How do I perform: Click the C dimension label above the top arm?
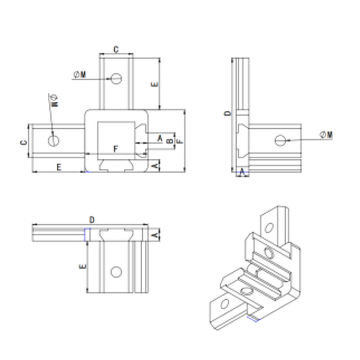(x=116, y=49)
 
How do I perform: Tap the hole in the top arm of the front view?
(x=117, y=78)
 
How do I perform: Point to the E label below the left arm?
(x=58, y=167)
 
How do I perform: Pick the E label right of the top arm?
(x=154, y=85)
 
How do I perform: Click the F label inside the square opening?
(x=116, y=148)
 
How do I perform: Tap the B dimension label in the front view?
(x=169, y=141)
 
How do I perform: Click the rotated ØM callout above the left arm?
(x=55, y=100)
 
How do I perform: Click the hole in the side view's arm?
(x=280, y=140)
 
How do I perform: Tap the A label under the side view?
(x=243, y=171)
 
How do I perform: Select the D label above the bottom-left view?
(x=92, y=220)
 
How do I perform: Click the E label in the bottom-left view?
(x=81, y=267)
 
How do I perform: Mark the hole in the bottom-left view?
(x=116, y=272)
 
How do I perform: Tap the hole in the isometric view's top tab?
(x=269, y=227)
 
